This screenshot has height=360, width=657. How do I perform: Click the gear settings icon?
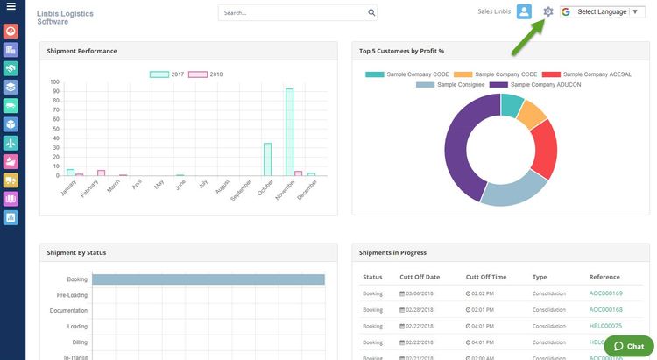pos(548,11)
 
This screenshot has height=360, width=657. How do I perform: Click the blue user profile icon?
pos(524,11)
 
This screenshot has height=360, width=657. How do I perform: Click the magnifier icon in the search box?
pos(371,13)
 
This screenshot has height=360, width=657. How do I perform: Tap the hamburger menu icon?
pos(11,8)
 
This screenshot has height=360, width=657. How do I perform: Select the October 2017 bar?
pos(267,159)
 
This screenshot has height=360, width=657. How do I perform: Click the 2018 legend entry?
pos(207,74)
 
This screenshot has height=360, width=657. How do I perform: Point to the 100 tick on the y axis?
pos(55,81)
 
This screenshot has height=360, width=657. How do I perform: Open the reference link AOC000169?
pos(605,293)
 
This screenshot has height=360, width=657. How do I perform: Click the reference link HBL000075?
pos(605,325)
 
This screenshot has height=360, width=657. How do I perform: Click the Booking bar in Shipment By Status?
pos(208,279)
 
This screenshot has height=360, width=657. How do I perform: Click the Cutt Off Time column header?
pos(486,277)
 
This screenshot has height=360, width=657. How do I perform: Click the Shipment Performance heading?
pos(82,51)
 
